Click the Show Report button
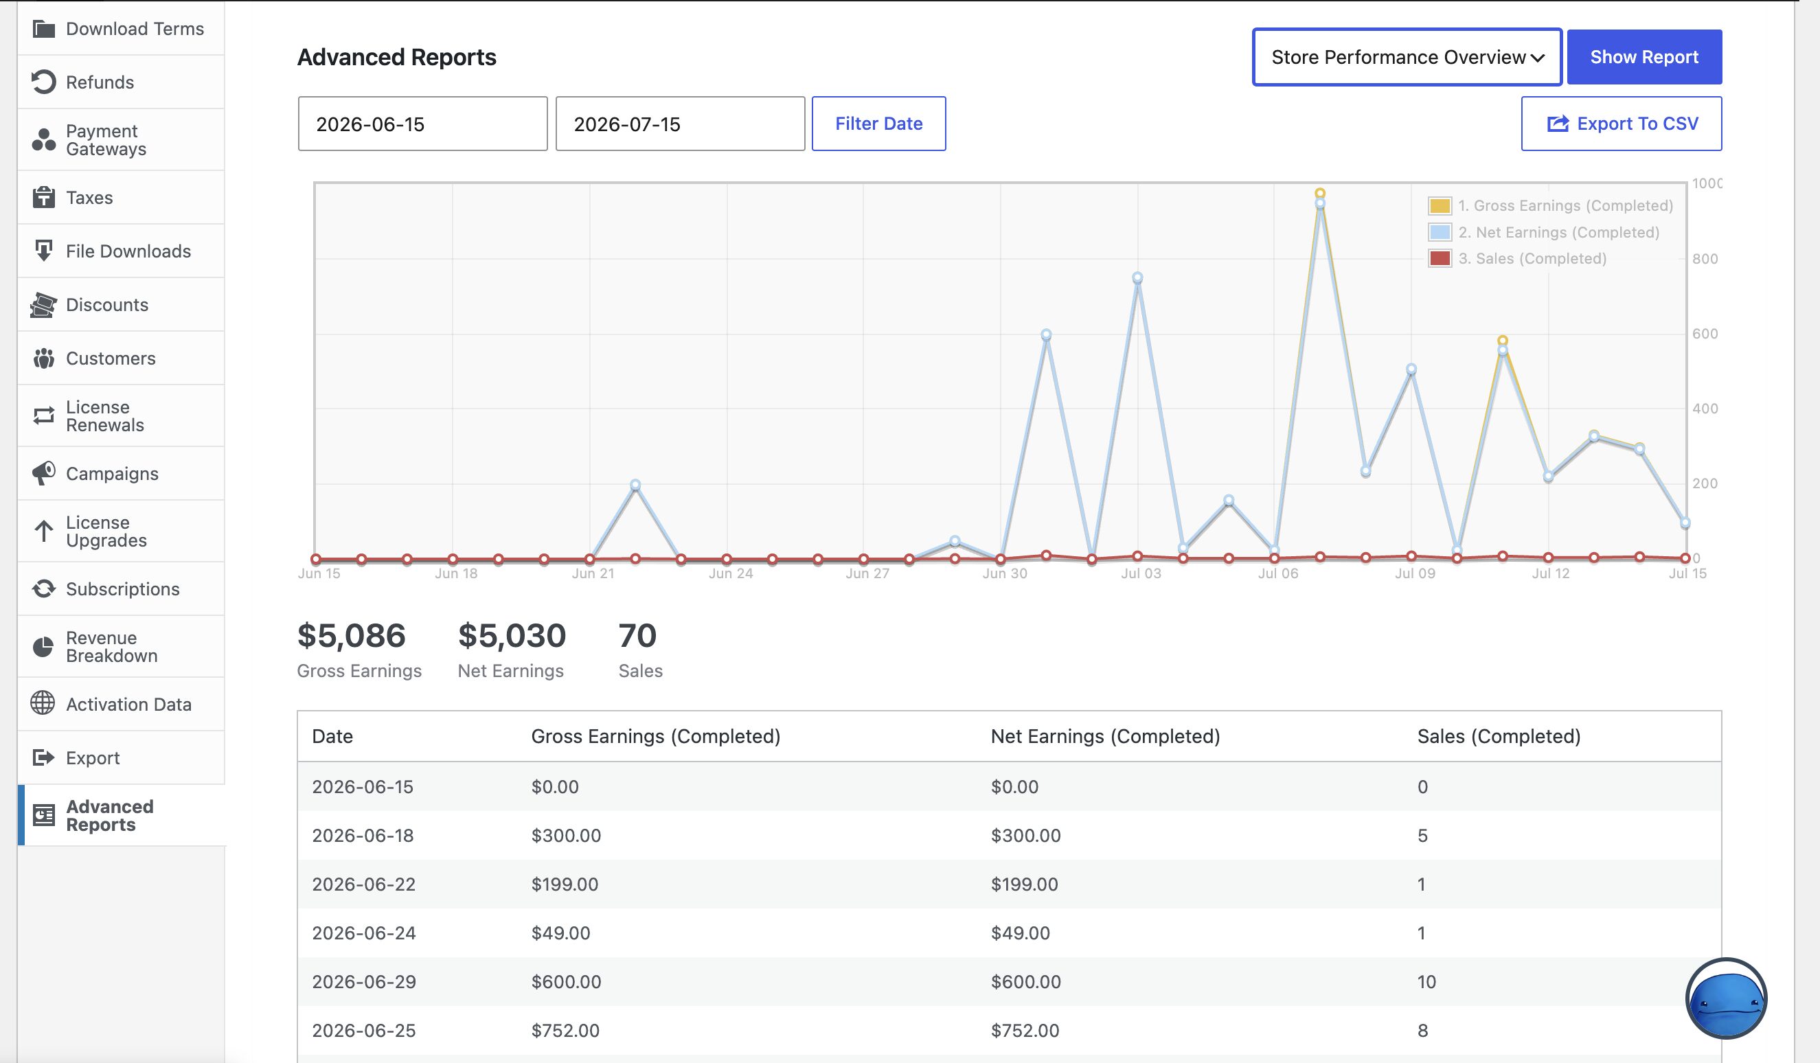pyautogui.click(x=1643, y=57)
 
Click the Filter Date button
pyautogui.click(x=878, y=124)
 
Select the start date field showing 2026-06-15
pyautogui.click(x=422, y=124)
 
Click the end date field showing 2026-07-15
pyautogui.click(x=680, y=124)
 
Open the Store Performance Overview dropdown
pyautogui.click(x=1407, y=57)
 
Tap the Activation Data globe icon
pyautogui.click(x=43, y=702)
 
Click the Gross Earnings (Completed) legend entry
pyautogui.click(x=1551, y=206)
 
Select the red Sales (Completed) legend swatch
pyautogui.click(x=1440, y=258)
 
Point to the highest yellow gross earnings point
pyautogui.click(x=1319, y=194)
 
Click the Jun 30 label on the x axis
pyautogui.click(x=1004, y=573)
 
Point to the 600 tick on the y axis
pyautogui.click(x=1705, y=334)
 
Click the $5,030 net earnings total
pyautogui.click(x=512, y=635)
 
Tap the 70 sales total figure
pyautogui.click(x=637, y=635)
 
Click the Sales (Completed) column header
pyautogui.click(x=1499, y=736)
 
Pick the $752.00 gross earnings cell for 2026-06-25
pyautogui.click(x=565, y=1031)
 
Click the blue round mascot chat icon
pyautogui.click(x=1726, y=999)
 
